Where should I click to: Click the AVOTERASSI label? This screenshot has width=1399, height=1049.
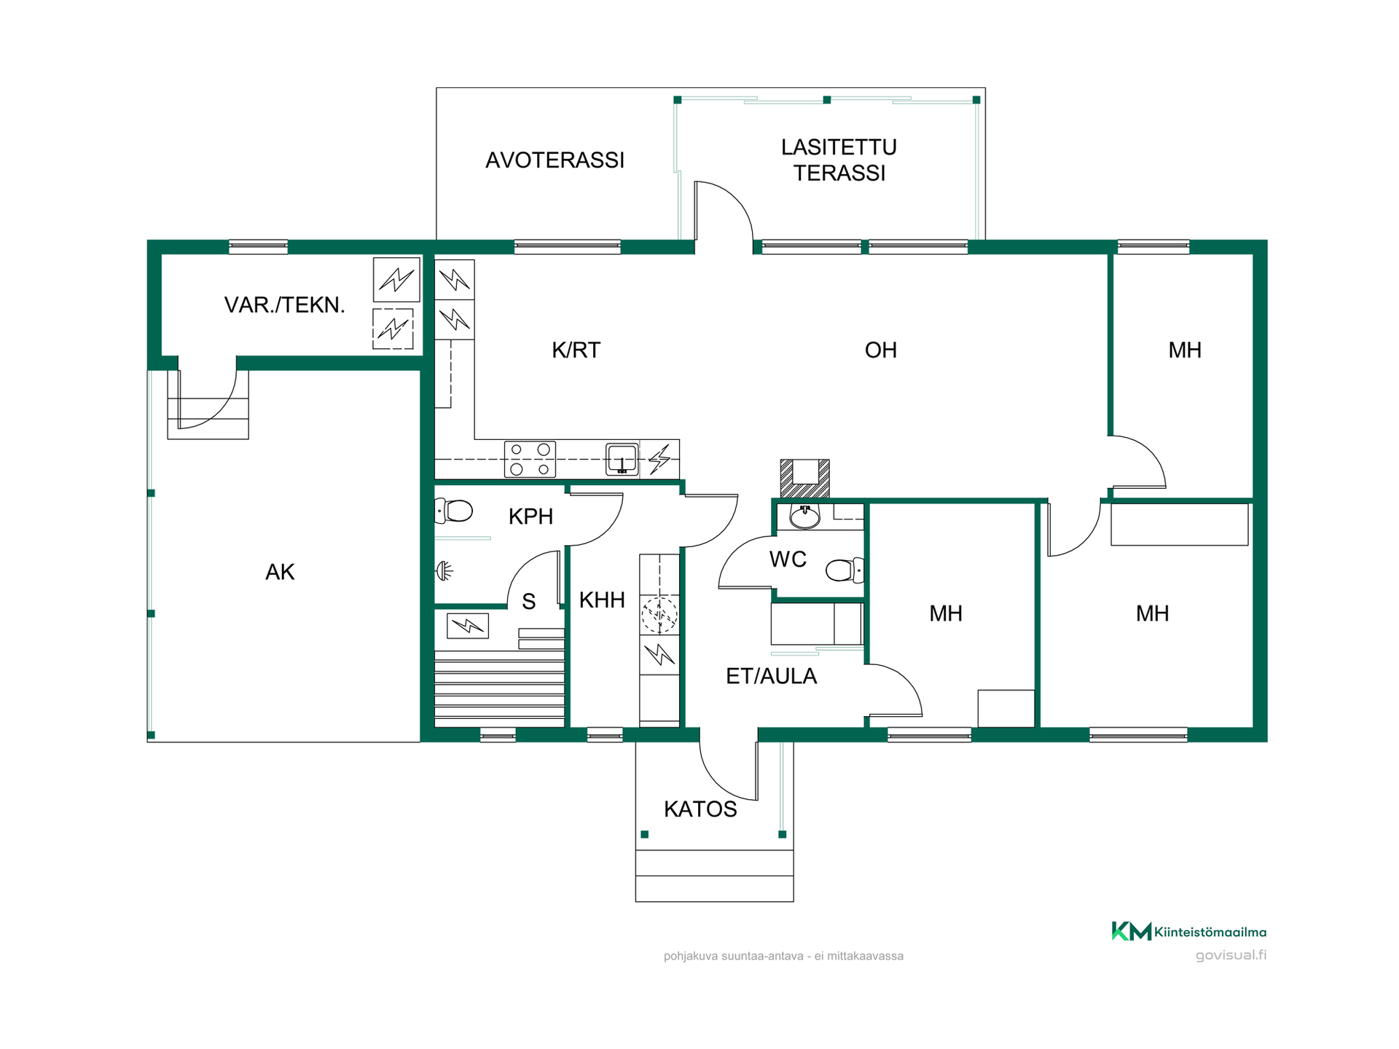coord(554,160)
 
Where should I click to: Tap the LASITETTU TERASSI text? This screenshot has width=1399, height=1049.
coord(839,160)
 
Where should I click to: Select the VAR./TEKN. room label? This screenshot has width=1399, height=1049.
coord(284,305)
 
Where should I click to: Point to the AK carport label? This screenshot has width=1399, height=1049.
coord(280,573)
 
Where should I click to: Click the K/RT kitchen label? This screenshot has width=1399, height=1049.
coord(576,350)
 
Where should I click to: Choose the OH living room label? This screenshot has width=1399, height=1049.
coord(880,350)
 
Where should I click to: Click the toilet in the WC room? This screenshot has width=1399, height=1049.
coord(845,570)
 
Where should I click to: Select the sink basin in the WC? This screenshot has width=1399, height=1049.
coord(804,516)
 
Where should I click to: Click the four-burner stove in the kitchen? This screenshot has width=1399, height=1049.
coord(530,459)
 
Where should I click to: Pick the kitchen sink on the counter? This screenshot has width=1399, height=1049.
coord(622,459)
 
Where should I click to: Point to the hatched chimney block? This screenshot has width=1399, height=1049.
coord(804,478)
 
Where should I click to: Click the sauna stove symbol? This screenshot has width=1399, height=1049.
coord(467,625)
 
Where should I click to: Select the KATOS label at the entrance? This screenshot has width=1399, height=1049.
coord(700,809)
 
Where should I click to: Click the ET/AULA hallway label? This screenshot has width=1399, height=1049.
coord(771,677)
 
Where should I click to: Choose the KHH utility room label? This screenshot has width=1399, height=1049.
coord(602,600)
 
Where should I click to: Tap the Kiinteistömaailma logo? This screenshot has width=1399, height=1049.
coord(1188,932)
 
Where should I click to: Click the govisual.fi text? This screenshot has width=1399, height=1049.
coord(1231,955)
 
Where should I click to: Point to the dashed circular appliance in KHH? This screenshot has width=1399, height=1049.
coord(659,614)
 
